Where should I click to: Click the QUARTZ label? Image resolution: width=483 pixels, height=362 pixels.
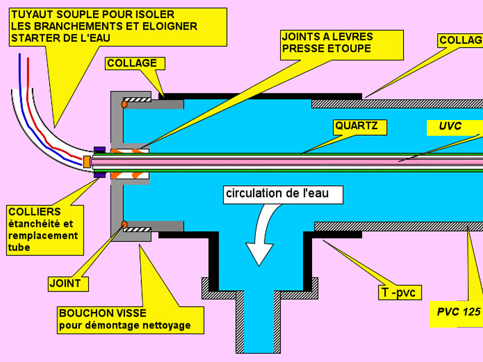359,127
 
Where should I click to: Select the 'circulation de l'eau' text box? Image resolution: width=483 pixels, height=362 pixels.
283,194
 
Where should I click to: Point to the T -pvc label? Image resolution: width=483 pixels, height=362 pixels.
400,292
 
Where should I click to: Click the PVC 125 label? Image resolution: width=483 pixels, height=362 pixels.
458,313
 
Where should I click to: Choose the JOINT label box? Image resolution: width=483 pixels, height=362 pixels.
68,284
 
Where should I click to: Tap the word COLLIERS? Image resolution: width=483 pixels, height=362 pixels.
34,212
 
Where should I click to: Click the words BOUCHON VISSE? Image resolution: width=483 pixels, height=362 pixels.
103,313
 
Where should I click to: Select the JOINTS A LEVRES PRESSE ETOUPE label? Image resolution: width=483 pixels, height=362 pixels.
342,45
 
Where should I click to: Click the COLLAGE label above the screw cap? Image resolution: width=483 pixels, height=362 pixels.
135,63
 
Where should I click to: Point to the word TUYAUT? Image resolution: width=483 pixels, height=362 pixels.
33,14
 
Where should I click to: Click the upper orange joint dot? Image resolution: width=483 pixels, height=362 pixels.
124,104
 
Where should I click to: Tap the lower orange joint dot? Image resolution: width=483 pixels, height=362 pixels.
124,224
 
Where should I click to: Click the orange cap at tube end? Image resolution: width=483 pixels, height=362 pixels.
87,162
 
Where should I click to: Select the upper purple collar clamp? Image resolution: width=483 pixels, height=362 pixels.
100,149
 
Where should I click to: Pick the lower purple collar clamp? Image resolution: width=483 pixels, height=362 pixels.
100,175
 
